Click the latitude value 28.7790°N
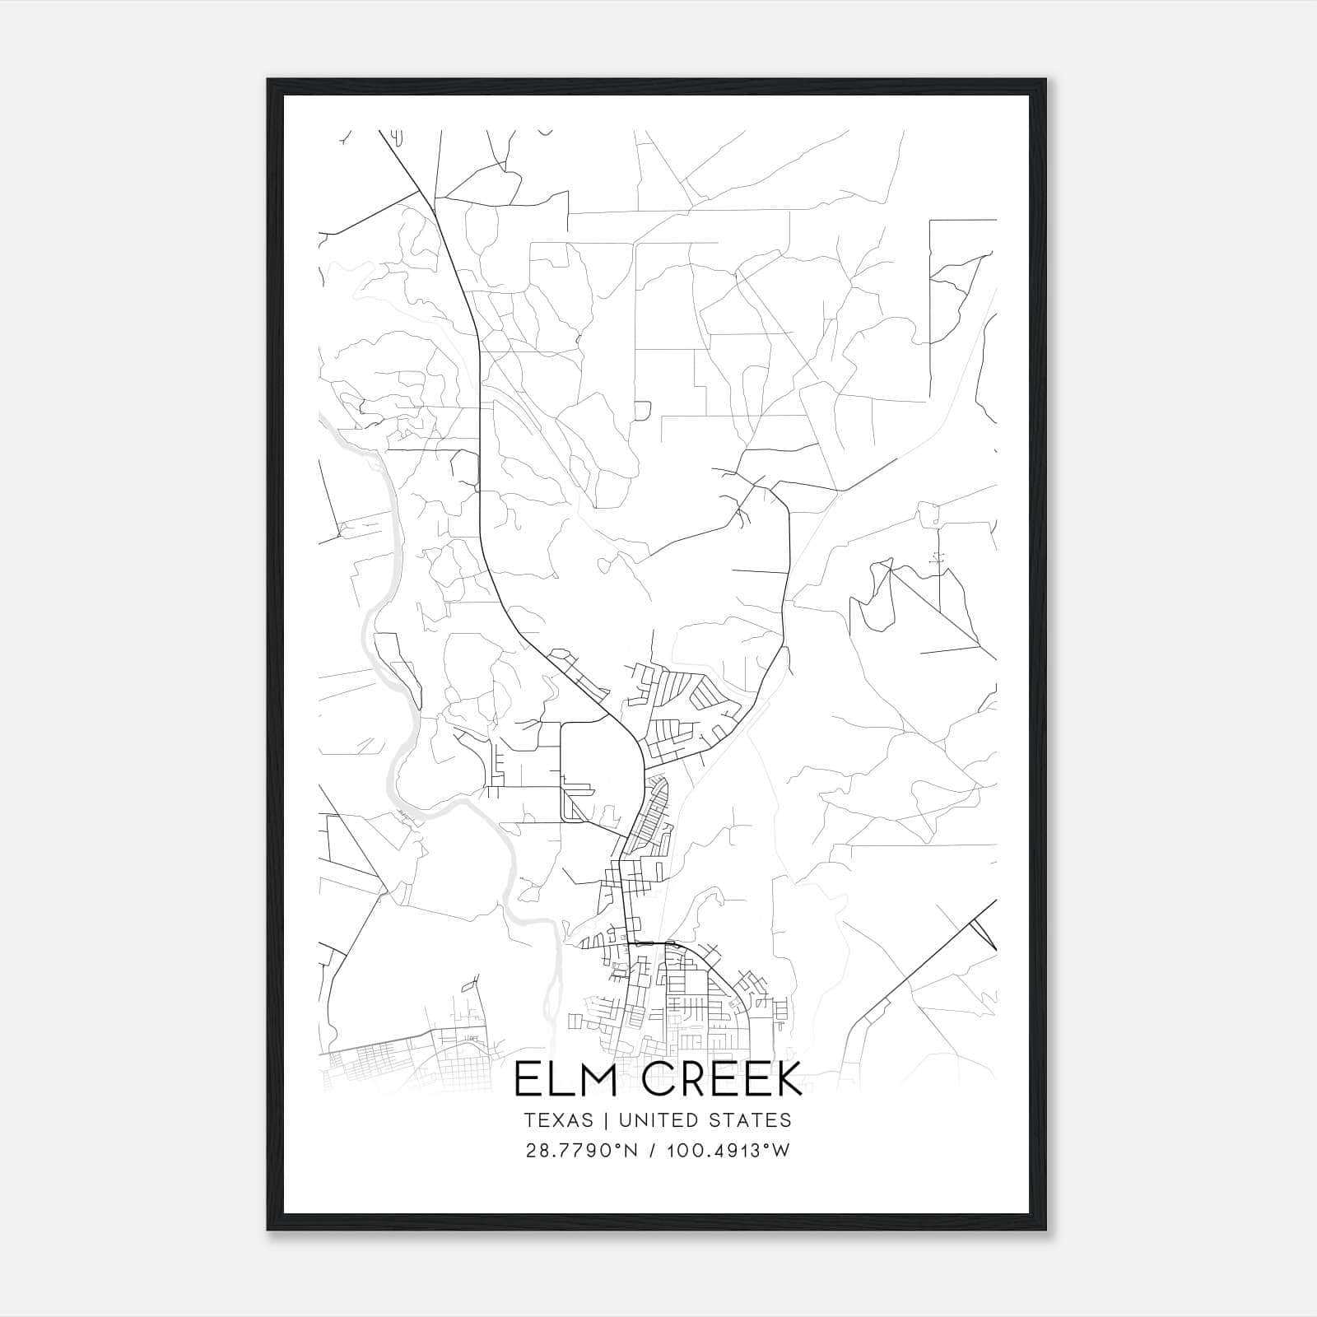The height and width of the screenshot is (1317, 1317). [x=582, y=1150]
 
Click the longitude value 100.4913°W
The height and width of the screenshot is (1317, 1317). [x=727, y=1150]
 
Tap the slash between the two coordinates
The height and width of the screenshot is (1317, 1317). [x=653, y=1150]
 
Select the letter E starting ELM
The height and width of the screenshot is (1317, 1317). [x=527, y=1079]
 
